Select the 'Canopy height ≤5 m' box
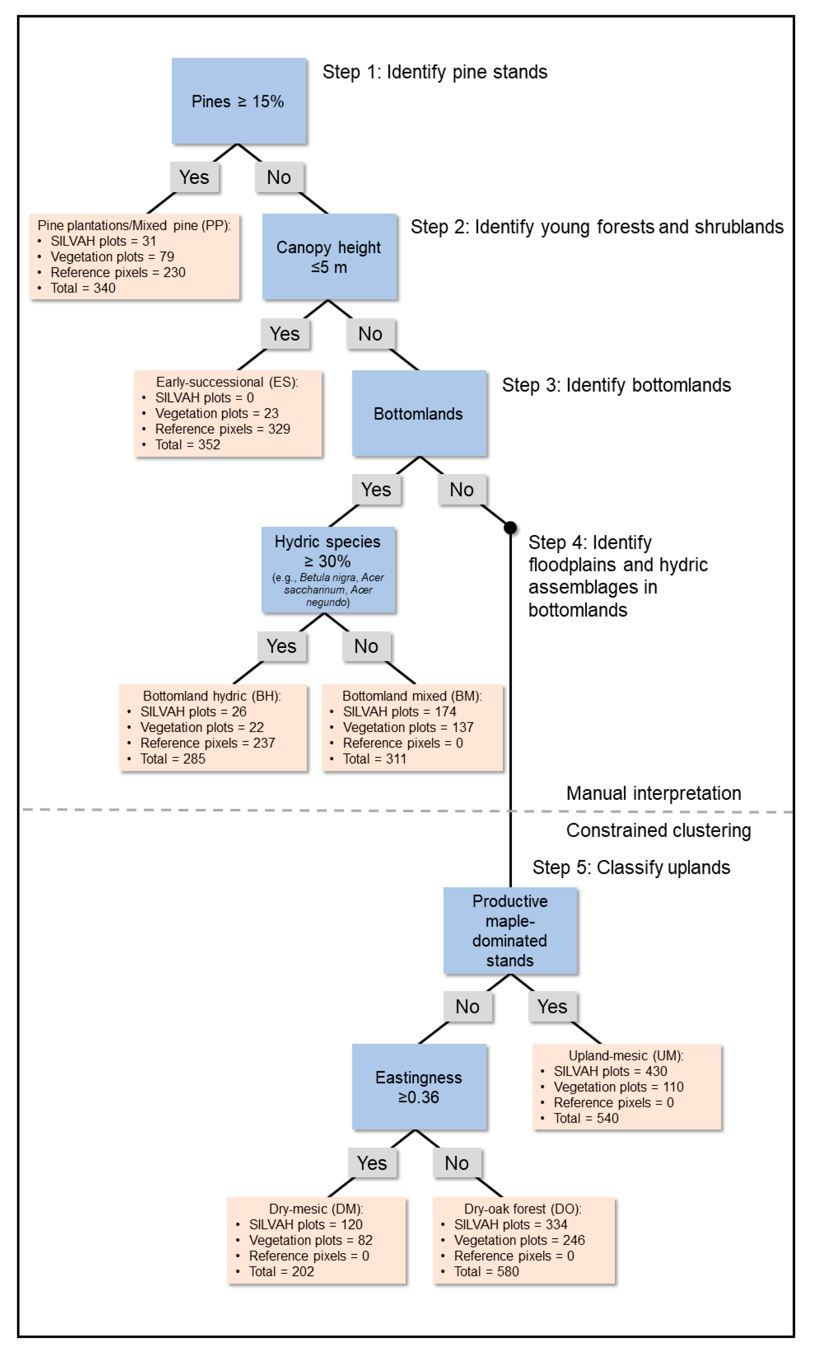pos(329,257)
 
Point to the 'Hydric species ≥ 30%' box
pos(328,569)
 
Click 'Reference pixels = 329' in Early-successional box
pos(222,429)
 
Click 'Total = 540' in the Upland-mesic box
pos(586,1118)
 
